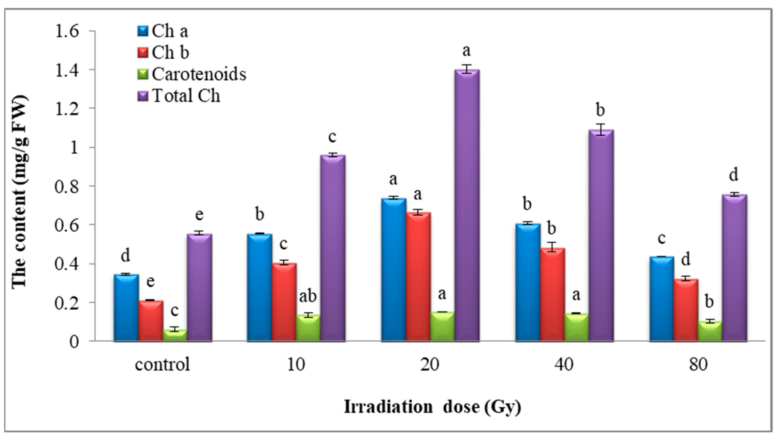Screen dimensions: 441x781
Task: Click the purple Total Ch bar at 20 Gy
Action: [467, 206]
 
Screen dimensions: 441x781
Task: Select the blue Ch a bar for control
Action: [126, 308]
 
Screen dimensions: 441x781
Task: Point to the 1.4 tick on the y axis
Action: [67, 70]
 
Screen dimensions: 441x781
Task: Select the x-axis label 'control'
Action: [162, 364]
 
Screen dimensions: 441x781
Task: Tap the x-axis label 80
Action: [698, 364]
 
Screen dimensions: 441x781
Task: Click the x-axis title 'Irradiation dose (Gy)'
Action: [432, 407]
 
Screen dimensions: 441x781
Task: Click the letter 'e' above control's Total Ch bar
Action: [199, 215]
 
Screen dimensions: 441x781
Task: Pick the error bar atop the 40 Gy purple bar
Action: [601, 130]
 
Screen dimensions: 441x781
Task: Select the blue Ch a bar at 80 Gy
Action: [662, 299]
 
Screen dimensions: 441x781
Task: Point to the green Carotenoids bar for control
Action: [175, 335]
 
